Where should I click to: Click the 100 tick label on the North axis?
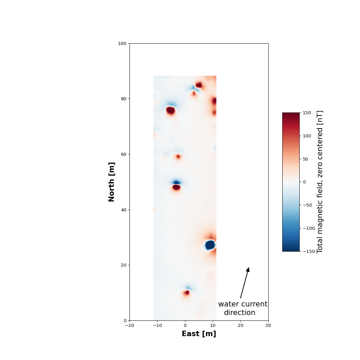(122, 43)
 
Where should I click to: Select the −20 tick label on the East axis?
(130, 325)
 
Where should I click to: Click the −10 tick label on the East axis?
(157, 325)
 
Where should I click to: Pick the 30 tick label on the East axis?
(268, 325)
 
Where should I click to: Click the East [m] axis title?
(199, 334)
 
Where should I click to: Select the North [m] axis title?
(111, 182)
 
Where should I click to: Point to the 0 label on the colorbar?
(304, 182)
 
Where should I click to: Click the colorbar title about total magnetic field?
(320, 182)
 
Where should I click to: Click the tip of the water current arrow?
(249, 268)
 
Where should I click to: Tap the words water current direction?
(242, 308)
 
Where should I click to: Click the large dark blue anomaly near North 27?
(210, 245)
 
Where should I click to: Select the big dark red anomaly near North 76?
(170, 110)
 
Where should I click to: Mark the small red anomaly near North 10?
(187, 292)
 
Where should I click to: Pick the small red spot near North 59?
(178, 156)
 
